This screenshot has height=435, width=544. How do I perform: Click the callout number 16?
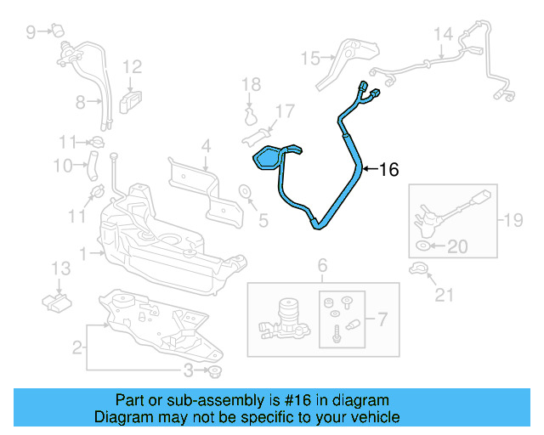point(388,170)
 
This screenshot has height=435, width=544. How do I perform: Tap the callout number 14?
point(443,35)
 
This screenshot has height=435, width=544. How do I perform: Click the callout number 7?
point(382,319)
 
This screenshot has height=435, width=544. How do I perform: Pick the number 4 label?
point(205,146)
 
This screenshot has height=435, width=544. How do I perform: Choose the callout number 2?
point(76,347)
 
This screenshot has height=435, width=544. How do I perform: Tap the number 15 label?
point(309,58)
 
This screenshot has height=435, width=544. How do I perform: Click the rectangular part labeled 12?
point(131,100)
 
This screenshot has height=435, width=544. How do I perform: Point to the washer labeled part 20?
point(423,246)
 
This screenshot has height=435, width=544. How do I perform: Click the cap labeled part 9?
point(59,32)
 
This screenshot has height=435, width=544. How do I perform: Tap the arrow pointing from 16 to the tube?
point(369,170)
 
